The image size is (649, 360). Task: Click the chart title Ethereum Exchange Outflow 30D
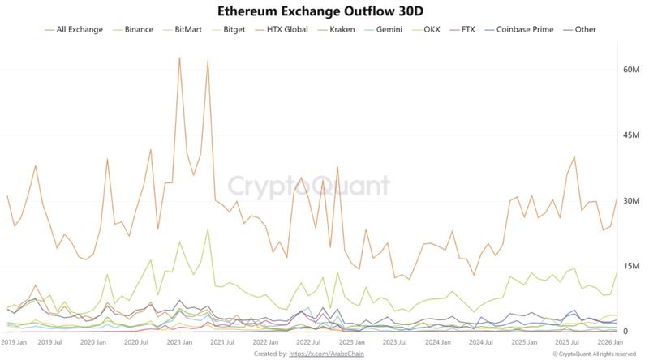[x=324, y=11]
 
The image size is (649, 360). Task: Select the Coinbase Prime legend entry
[x=525, y=30]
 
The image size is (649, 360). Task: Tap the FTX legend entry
[x=468, y=30]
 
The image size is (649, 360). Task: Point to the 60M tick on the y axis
[x=609, y=70]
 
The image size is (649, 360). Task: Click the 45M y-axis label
[x=609, y=135]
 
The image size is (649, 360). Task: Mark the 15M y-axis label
[x=609, y=266]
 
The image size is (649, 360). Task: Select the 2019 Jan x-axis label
[x=13, y=343]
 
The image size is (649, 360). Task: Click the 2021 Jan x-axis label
[x=178, y=343]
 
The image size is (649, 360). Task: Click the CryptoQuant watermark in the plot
[x=308, y=186]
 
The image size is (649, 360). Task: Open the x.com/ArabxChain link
[x=324, y=354]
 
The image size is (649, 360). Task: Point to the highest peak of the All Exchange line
[x=179, y=58]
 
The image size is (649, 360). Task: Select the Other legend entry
[x=585, y=30]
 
